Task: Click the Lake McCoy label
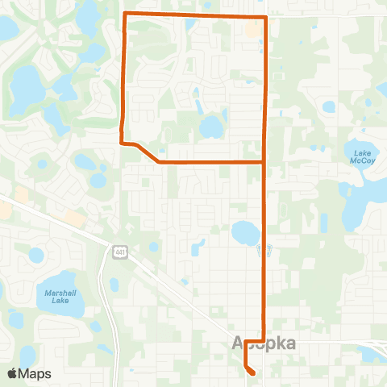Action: tap(360, 156)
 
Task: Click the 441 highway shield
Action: tap(119, 251)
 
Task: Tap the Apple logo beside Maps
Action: tap(13, 373)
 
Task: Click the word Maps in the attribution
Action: tap(36, 373)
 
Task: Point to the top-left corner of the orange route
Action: tap(123, 15)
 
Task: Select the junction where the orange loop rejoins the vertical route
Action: tap(265, 162)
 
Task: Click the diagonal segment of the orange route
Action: tap(147, 153)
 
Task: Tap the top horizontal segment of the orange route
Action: tap(193, 15)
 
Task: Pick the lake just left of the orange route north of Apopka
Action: tap(245, 233)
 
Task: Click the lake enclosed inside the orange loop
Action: tap(211, 127)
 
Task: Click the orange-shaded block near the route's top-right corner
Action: tap(253, 30)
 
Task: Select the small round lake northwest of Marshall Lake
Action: tap(35, 256)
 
